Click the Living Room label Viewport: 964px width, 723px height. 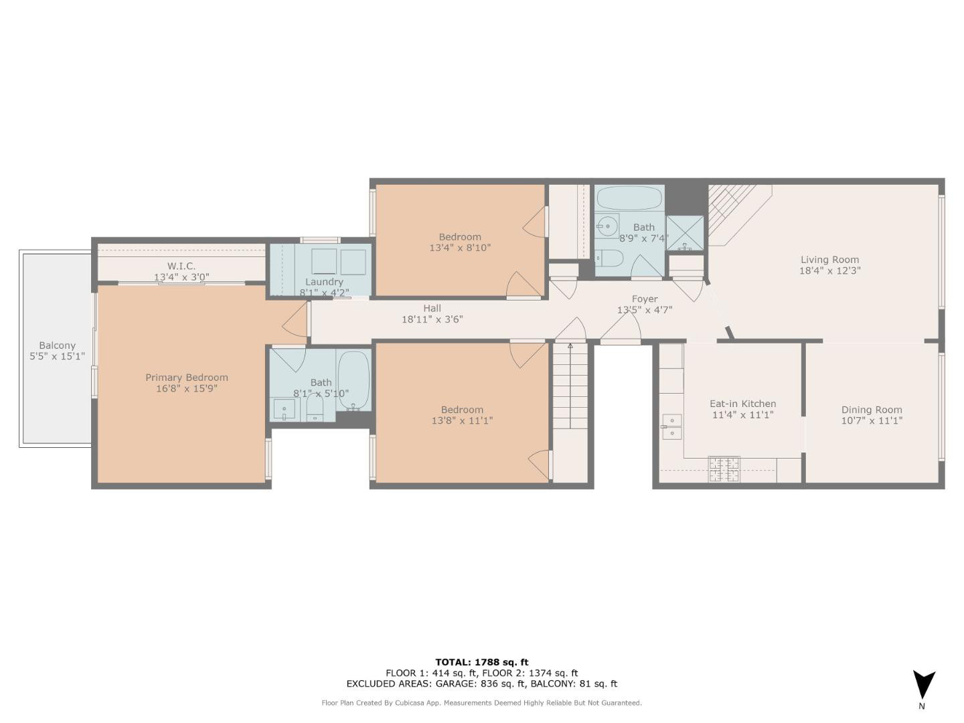tap(829, 260)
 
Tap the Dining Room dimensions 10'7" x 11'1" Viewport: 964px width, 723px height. tap(872, 420)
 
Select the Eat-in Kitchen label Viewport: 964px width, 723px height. tap(742, 404)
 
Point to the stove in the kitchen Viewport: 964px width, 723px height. tap(723, 469)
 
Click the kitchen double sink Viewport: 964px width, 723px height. tap(672, 426)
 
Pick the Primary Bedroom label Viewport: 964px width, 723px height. tap(187, 378)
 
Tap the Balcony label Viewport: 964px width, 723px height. tap(57, 345)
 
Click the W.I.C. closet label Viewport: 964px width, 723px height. tap(181, 266)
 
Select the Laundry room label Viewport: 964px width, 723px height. tap(324, 282)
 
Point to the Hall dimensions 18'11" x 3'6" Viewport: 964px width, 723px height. tap(432, 319)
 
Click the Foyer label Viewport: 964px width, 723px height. tap(644, 299)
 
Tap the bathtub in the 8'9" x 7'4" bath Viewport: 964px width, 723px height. tap(629, 198)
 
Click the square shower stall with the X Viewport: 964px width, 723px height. tap(685, 233)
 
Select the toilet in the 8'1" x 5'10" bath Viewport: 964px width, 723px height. tap(314, 408)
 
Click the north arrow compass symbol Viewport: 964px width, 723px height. tap(924, 684)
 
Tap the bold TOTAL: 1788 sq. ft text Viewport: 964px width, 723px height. tap(482, 662)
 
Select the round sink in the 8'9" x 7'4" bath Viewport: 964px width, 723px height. tap(608, 226)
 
